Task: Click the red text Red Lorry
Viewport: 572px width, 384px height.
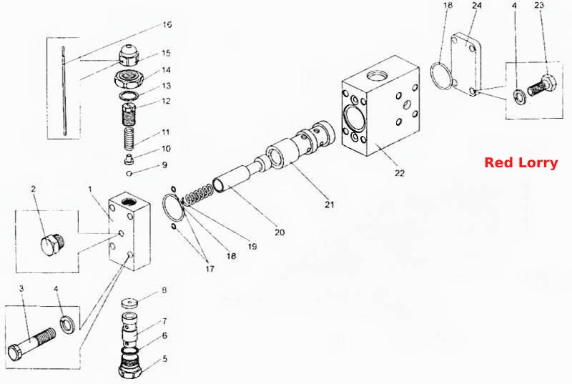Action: pos(521,162)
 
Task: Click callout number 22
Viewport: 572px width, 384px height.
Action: pos(400,173)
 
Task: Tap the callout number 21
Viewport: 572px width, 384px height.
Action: pos(330,205)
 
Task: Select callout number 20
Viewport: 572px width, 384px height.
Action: pos(280,232)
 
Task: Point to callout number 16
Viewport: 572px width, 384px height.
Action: pos(167,25)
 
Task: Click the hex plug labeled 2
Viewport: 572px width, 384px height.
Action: pos(52,244)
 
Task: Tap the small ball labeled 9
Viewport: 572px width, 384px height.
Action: pos(129,173)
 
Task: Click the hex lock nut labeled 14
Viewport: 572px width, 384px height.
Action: pos(129,79)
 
